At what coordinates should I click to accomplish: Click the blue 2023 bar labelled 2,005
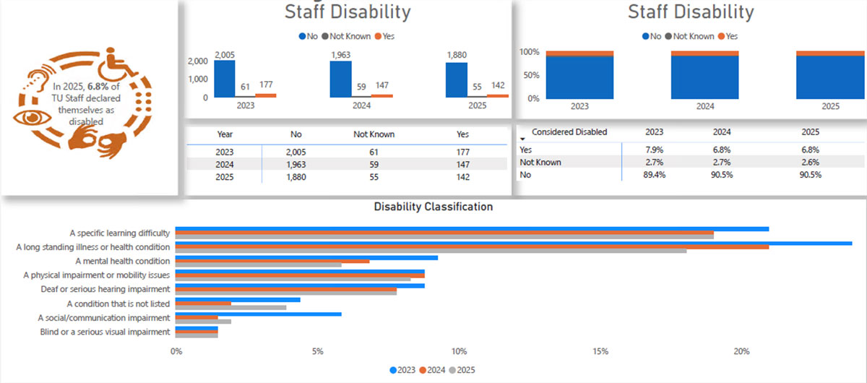[225, 78]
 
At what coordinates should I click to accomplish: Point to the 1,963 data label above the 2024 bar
[340, 54]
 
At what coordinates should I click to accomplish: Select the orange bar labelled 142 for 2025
[497, 95]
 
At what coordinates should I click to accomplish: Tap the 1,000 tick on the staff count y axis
[198, 79]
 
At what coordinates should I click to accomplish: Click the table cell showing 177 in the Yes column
[462, 152]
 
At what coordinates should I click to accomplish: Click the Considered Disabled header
[569, 132]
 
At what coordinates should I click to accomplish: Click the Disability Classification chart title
[433, 207]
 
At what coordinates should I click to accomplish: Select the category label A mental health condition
[123, 261]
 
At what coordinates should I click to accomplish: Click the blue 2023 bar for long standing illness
[513, 243]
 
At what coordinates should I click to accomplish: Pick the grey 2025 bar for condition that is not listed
[230, 307]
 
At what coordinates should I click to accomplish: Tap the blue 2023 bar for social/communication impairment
[258, 314]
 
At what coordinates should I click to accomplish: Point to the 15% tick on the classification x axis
[600, 351]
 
